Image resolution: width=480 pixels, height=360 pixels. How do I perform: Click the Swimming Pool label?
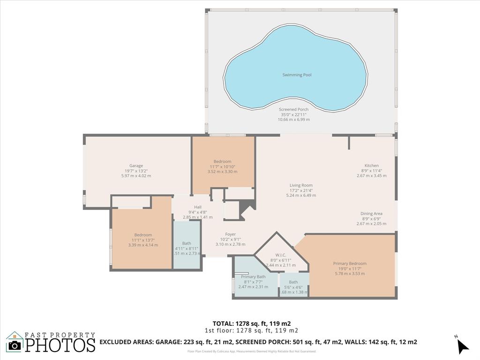pos(297,75)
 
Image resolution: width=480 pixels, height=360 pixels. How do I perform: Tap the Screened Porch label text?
pos(293,109)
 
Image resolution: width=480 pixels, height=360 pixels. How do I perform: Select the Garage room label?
pos(136,165)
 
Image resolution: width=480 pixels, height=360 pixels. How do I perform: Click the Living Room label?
pos(300,185)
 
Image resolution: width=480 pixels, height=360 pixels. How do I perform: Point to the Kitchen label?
pos(371,165)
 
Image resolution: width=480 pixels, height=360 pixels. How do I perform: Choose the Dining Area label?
pos(371,213)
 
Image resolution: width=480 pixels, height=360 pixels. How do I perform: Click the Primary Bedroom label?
pos(350,263)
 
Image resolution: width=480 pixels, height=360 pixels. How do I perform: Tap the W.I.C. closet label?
pos(281,255)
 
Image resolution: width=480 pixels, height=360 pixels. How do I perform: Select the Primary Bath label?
pos(253,277)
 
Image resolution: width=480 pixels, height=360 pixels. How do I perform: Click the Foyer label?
pos(230,234)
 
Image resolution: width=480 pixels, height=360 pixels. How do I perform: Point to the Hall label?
pos(197,207)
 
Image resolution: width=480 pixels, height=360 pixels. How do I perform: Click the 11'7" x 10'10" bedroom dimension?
pos(222,166)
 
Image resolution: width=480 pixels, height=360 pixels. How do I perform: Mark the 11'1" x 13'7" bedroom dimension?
pos(143,240)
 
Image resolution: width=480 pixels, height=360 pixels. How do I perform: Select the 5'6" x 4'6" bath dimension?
pos(293,287)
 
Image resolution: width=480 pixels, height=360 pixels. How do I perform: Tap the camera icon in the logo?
pos(15,345)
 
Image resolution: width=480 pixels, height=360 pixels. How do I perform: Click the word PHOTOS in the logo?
pos(60,345)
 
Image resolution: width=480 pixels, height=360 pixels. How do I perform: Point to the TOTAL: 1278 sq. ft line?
pos(252,323)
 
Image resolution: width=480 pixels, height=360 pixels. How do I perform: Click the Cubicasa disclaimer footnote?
pos(252,351)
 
